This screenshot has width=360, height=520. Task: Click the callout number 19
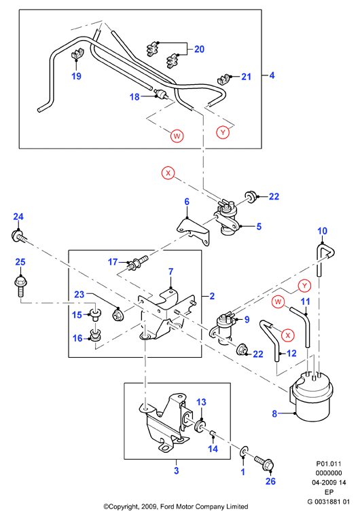pyautogui.click(x=76, y=76)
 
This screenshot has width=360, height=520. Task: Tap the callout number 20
pyautogui.click(x=199, y=49)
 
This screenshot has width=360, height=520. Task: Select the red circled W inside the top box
pyautogui.click(x=177, y=136)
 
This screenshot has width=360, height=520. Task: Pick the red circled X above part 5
pyautogui.click(x=168, y=173)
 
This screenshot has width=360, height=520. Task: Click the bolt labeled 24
pyautogui.click(x=19, y=237)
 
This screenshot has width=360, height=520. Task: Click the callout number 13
pyautogui.click(x=201, y=403)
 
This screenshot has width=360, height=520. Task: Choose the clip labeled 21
pyautogui.click(x=223, y=79)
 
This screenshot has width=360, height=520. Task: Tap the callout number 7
pyautogui.click(x=171, y=272)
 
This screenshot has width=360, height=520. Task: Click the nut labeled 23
pyautogui.click(x=118, y=314)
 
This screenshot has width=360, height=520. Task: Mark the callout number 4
pyautogui.click(x=272, y=75)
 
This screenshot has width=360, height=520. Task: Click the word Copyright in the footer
pyautogui.click(x=124, y=506)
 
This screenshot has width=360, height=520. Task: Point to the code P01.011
pyautogui.click(x=329, y=464)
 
